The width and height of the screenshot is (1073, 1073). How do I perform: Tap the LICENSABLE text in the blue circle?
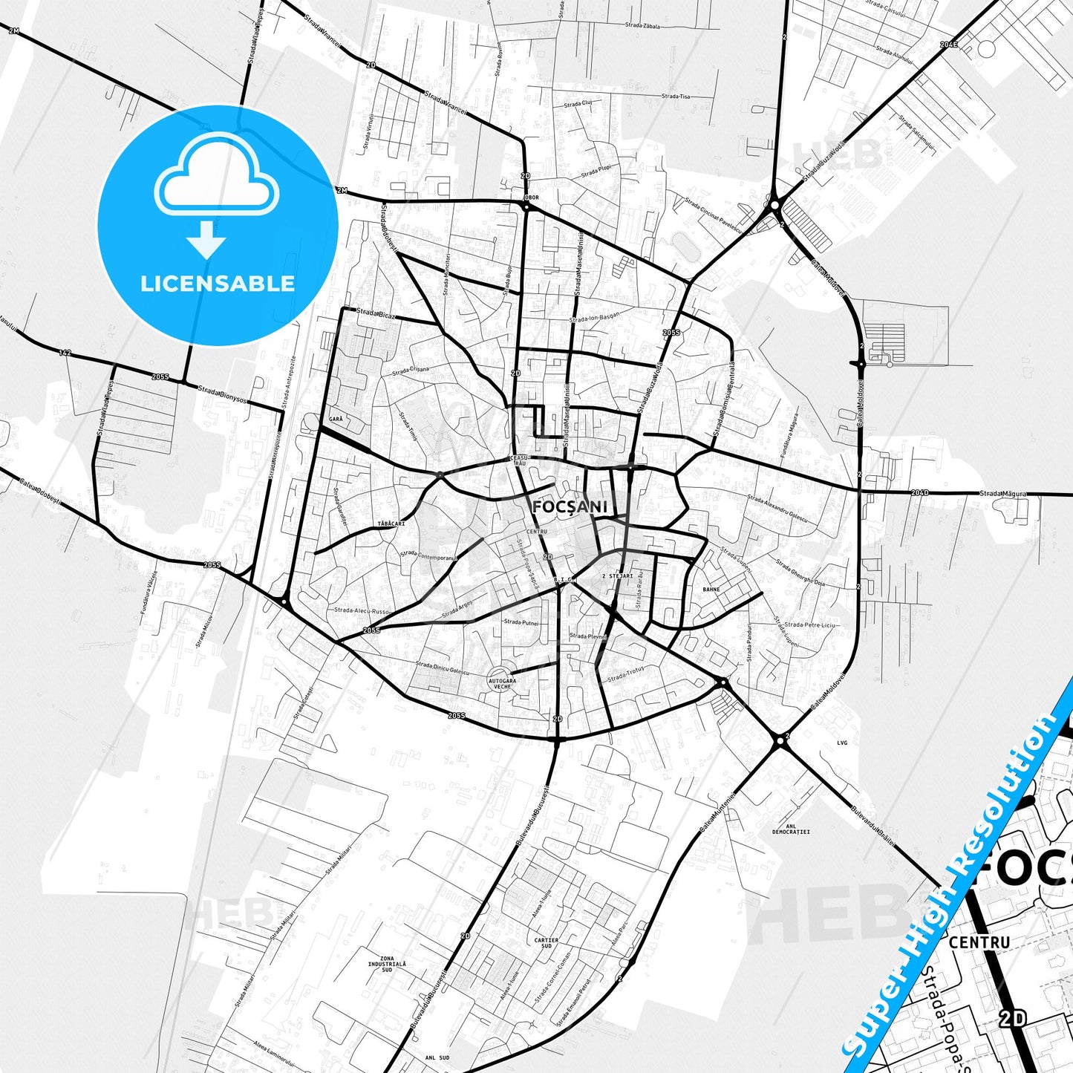point(218,284)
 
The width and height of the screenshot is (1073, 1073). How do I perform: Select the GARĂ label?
point(335,420)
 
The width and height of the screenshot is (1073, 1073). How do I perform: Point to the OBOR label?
point(531,198)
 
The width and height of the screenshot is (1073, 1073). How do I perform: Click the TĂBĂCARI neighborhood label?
point(391,524)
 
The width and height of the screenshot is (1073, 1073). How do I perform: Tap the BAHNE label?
point(711,590)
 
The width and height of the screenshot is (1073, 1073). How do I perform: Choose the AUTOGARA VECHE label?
point(502,684)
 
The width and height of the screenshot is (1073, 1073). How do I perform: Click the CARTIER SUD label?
point(547,943)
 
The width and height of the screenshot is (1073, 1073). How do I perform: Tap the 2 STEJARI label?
point(617,575)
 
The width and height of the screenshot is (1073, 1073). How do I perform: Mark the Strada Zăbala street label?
point(642,25)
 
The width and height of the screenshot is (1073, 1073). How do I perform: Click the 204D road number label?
point(919,492)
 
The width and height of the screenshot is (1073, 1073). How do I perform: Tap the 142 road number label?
point(65,353)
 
